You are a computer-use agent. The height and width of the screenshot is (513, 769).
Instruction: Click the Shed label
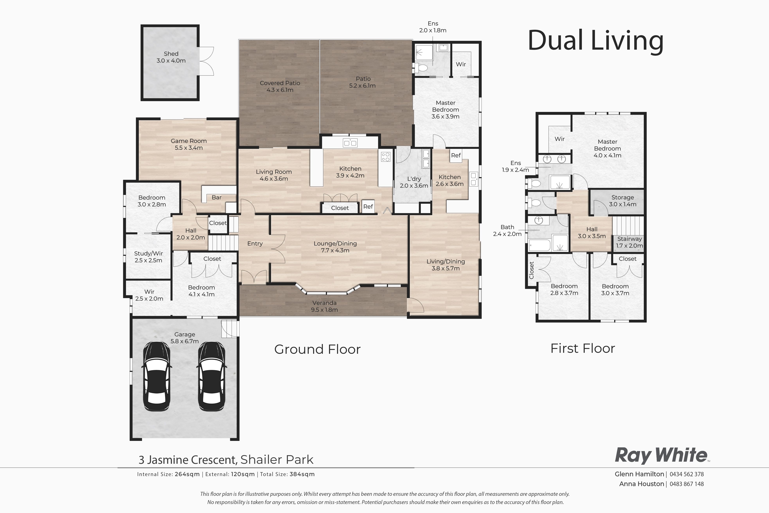click(171, 57)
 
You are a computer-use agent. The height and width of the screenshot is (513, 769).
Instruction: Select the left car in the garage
click(157, 376)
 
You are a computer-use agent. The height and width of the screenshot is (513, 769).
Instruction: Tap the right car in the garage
click(211, 376)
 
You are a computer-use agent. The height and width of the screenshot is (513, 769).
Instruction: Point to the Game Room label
click(189, 144)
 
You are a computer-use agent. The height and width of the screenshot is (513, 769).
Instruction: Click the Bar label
click(216, 197)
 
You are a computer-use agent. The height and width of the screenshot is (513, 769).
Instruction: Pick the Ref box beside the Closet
click(368, 206)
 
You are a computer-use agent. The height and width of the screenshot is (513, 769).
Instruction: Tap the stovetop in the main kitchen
click(385, 157)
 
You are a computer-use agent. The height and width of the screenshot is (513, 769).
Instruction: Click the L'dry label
click(414, 182)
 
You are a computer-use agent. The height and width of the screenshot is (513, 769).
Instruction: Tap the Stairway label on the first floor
click(629, 242)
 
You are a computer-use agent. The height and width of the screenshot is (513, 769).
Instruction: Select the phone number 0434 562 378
click(686, 474)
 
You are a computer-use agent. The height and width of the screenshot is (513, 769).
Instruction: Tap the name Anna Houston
click(641, 484)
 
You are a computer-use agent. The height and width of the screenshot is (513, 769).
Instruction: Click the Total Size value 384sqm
click(302, 474)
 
